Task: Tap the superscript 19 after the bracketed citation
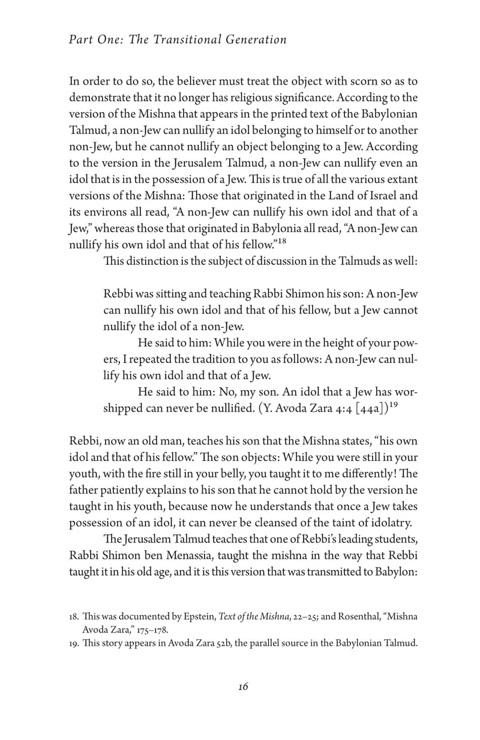[392, 405]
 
